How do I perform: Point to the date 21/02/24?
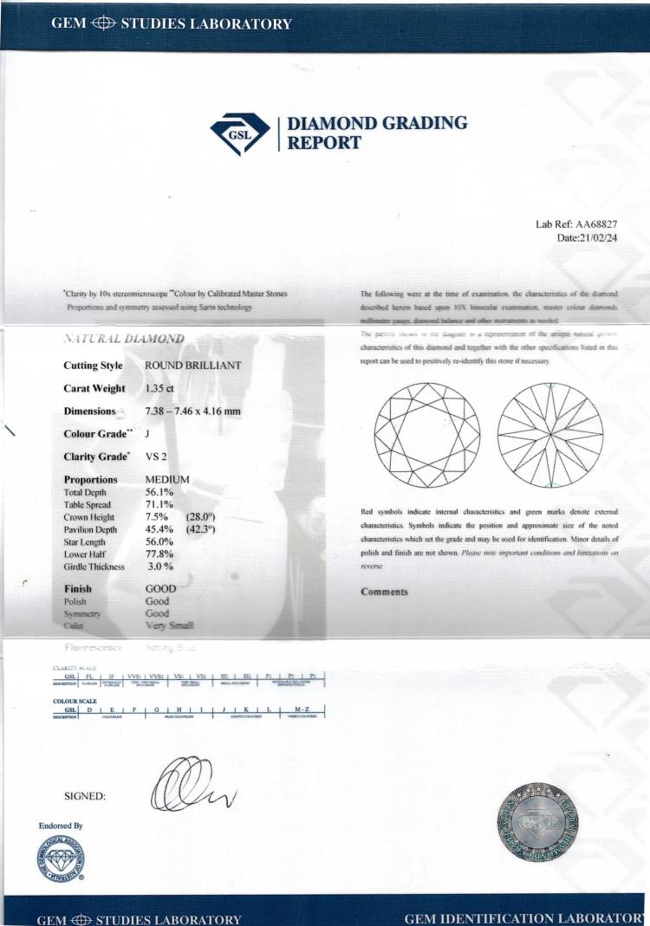point(620,237)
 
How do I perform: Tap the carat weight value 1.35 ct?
point(164,388)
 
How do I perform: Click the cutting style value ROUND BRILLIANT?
point(192,366)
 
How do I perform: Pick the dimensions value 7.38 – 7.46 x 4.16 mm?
point(202,411)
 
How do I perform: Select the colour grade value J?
point(148,434)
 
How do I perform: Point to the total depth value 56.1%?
point(161,492)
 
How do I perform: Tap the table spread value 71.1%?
point(161,505)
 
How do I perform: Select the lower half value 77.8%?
point(161,554)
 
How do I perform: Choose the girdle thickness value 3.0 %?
point(161,567)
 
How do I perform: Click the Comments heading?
point(383,593)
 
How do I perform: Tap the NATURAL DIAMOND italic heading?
point(123,339)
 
